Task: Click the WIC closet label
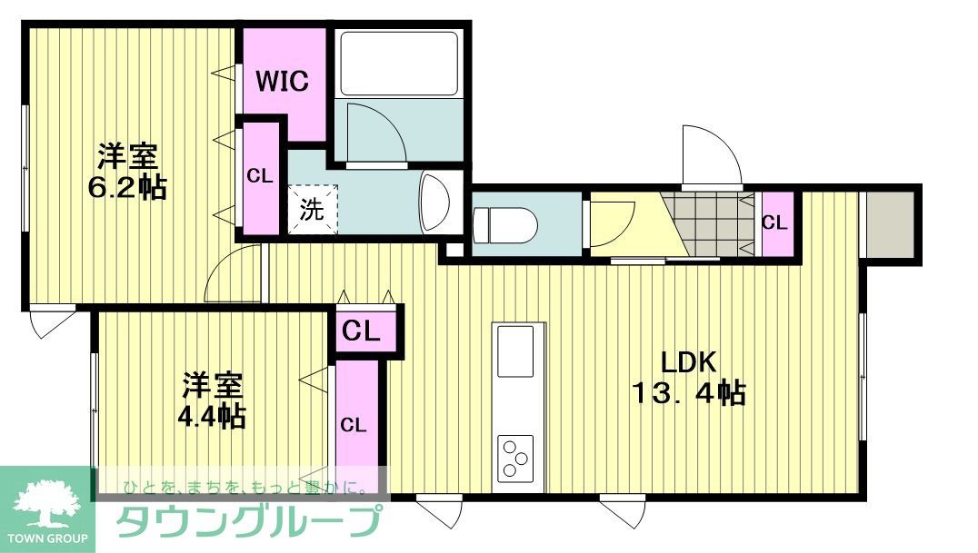282,82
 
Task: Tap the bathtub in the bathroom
398,64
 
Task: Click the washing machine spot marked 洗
312,210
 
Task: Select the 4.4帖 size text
212,416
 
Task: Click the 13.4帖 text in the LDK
689,393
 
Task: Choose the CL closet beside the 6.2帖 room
260,177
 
